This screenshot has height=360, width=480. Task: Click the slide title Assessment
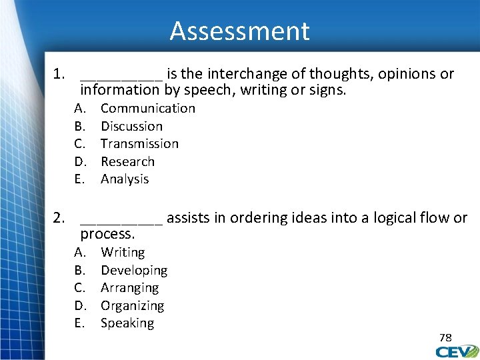(x=239, y=31)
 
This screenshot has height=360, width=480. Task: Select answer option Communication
(x=147, y=108)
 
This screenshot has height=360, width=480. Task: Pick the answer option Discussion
(x=131, y=126)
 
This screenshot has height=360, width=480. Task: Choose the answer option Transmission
(x=139, y=143)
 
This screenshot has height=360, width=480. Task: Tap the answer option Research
(x=127, y=161)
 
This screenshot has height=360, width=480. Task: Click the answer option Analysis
(x=125, y=179)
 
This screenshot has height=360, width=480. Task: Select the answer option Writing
(x=123, y=252)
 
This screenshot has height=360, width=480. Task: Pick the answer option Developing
(x=134, y=270)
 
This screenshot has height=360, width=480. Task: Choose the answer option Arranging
(x=129, y=287)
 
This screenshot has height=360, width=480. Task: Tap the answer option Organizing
(x=132, y=305)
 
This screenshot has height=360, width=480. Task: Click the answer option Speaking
(x=127, y=323)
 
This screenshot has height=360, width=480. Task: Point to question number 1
(x=59, y=73)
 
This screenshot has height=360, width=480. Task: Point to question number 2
(x=59, y=217)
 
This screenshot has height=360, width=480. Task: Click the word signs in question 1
(x=329, y=89)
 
